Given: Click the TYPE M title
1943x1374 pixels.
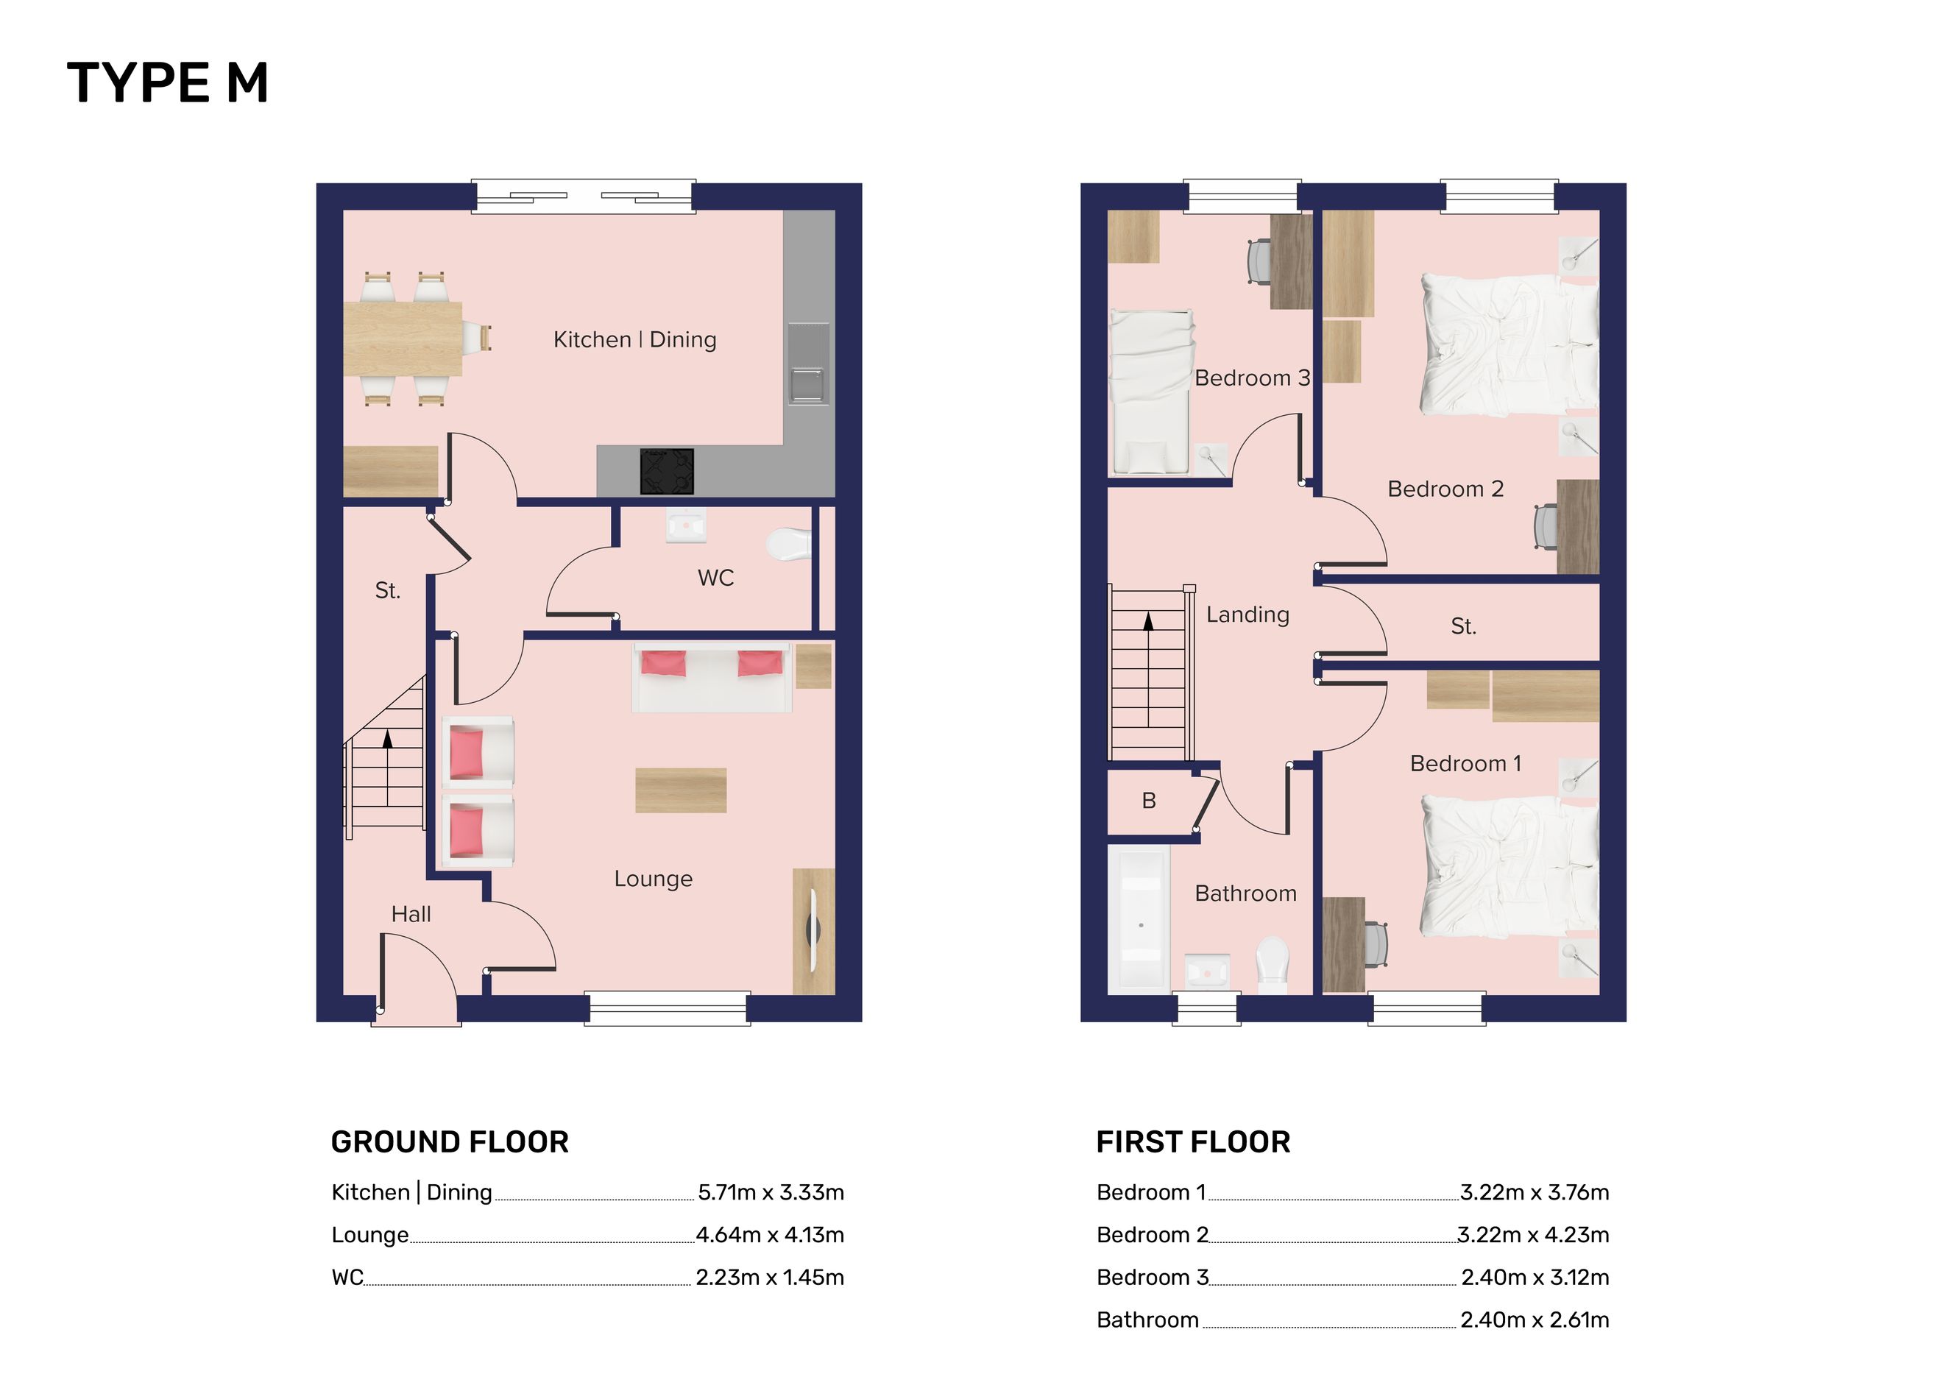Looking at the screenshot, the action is click(168, 83).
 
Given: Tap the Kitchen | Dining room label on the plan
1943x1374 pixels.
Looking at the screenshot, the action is click(634, 339).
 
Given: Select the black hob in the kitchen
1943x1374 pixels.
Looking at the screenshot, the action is click(667, 471).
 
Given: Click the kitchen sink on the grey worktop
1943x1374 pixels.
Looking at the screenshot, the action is click(807, 364).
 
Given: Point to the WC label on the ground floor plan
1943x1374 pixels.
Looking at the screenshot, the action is click(715, 578).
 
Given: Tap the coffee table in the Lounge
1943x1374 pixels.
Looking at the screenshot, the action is click(680, 790).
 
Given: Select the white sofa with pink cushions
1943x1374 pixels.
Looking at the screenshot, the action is click(712, 677).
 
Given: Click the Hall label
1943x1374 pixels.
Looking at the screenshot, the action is click(411, 914).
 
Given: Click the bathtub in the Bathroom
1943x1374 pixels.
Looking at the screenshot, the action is click(1139, 920).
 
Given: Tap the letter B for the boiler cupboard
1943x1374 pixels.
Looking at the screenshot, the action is click(1148, 801).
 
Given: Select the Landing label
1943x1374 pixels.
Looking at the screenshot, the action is click(1247, 615).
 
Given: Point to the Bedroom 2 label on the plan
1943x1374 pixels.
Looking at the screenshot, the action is click(1445, 489).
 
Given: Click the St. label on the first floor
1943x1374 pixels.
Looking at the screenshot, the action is click(1463, 626).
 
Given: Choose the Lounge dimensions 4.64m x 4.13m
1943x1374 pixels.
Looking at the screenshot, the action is click(770, 1234).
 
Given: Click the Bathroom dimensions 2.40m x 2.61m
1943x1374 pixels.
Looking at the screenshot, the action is click(1535, 1320).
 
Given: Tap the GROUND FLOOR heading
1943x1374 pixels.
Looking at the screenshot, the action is click(450, 1142).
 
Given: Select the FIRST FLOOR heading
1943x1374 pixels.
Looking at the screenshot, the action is click(1193, 1142).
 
